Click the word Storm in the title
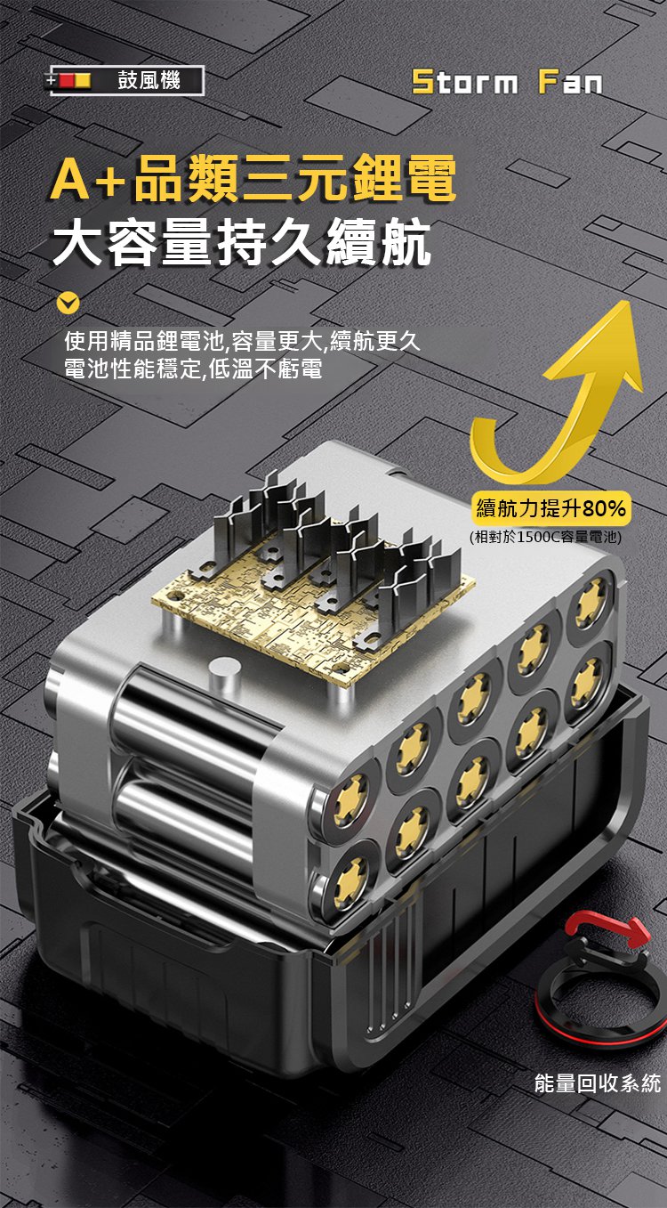tap(465, 83)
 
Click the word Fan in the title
tap(570, 83)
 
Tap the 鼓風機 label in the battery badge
tap(149, 81)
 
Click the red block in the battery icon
tap(67, 81)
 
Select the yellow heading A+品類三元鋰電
tap(253, 177)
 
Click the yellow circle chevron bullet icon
tap(68, 304)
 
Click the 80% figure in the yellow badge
tap(604, 508)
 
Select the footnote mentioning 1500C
tap(545, 537)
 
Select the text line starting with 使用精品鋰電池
tap(242, 341)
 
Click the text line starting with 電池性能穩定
tap(193, 369)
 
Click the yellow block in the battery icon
tap(83, 81)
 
